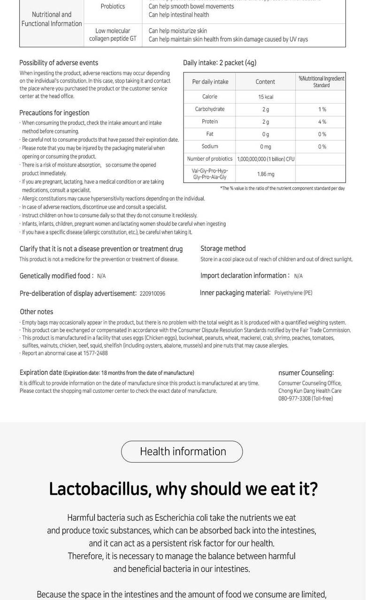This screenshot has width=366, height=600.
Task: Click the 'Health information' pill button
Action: [x=182, y=451]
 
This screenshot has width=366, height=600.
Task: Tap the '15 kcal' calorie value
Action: [x=265, y=97]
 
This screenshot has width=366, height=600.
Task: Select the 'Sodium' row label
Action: [x=209, y=146]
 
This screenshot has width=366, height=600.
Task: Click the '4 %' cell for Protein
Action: [x=321, y=122]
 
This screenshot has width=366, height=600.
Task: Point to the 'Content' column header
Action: [x=265, y=82]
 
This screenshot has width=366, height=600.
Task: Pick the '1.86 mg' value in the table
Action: [x=265, y=174]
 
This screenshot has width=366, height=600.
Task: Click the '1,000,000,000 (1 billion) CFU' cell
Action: [x=266, y=159]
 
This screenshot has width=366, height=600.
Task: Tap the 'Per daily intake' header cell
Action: [x=210, y=82]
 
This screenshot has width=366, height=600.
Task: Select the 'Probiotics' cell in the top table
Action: [x=113, y=7]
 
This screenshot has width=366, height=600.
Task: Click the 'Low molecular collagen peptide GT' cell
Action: [x=113, y=35]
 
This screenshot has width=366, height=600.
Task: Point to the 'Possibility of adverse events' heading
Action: [x=59, y=63]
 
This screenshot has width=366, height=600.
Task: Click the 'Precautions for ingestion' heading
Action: [x=54, y=113]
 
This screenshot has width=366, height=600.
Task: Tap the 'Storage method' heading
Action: [x=223, y=248]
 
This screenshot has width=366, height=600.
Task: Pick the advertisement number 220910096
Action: [x=152, y=294]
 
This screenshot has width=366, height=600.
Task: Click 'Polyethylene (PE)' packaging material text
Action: [x=293, y=293]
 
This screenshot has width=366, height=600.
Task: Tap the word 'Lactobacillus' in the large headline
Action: [x=100, y=489]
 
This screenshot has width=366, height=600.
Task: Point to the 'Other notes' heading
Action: [x=36, y=312]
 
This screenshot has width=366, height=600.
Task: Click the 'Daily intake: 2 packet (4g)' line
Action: [x=220, y=63]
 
